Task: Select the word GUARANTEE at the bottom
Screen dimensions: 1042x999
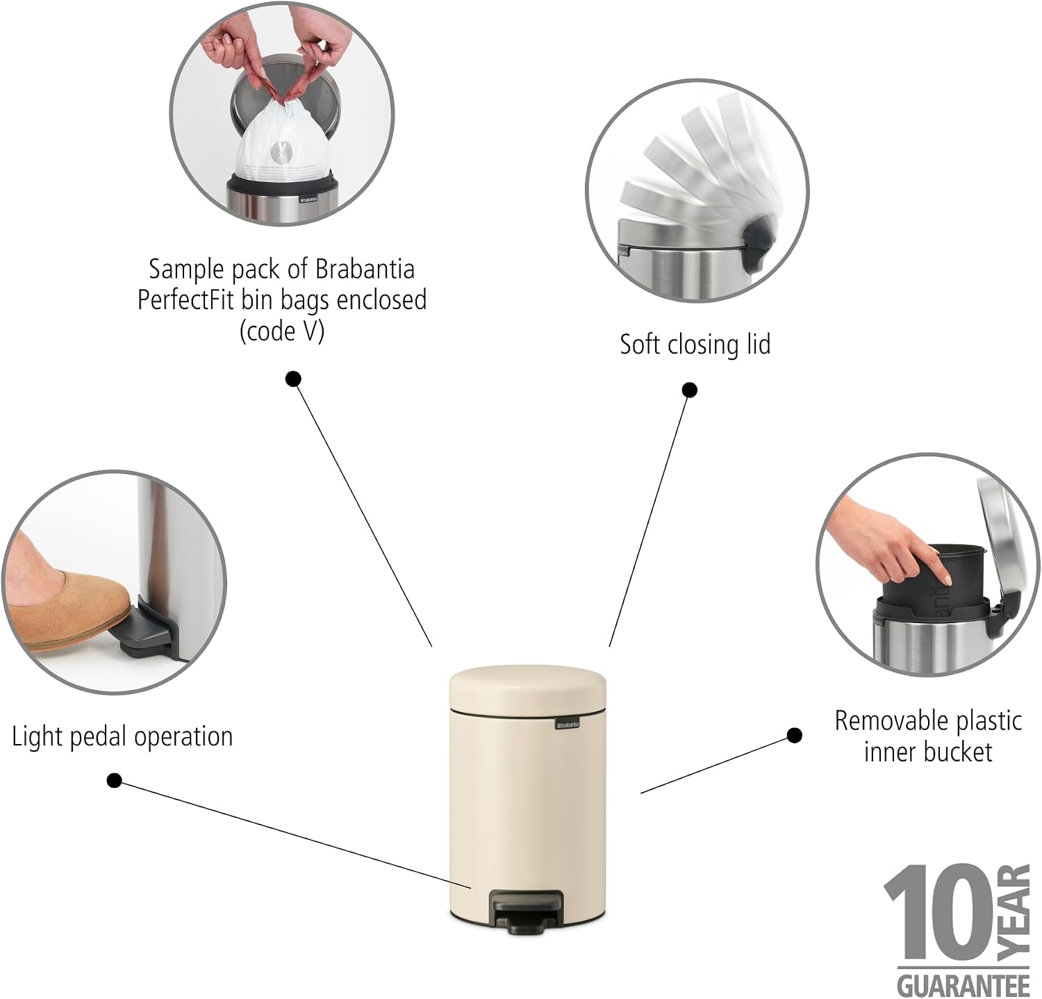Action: [x=963, y=984]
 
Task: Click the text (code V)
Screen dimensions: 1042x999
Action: [x=282, y=331]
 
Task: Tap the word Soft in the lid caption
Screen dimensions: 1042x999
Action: [x=639, y=345]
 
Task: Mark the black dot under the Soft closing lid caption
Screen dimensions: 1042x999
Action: [x=689, y=390]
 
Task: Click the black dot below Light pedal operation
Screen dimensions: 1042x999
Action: [x=115, y=781]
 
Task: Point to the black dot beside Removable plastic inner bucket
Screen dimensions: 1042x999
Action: [x=795, y=735]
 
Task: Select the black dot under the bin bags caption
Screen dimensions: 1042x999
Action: [x=294, y=379]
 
